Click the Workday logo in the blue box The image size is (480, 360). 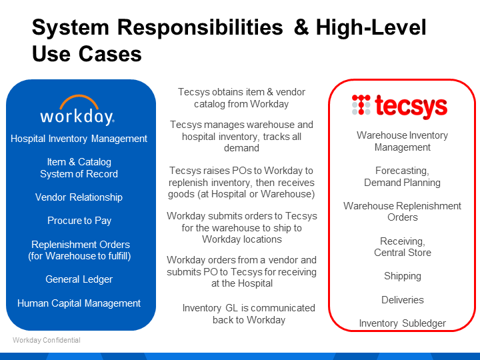point(77,111)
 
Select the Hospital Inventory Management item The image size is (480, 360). point(79,139)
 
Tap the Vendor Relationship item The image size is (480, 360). point(79,197)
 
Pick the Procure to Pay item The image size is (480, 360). point(79,221)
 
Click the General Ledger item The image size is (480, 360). point(79,279)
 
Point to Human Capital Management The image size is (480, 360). point(79,303)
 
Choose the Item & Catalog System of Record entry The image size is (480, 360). point(79,168)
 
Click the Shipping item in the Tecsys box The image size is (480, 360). point(402,276)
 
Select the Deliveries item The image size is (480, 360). point(402,300)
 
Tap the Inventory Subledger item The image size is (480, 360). point(402,323)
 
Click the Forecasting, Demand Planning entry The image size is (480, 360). point(402,177)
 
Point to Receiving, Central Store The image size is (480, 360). point(402,247)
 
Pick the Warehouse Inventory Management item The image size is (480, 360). point(402,141)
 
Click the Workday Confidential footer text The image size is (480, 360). point(47,340)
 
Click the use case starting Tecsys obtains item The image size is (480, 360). point(241,98)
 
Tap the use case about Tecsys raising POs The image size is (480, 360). point(241,183)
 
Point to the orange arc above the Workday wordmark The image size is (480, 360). point(79,101)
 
